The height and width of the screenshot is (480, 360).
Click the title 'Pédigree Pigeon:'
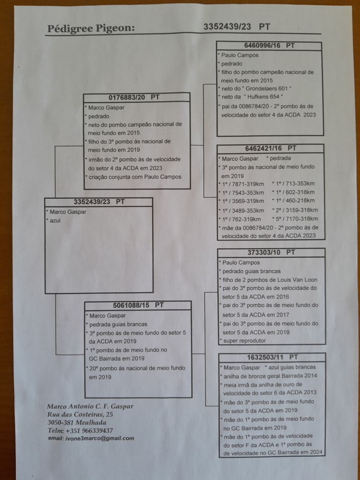click(91, 29)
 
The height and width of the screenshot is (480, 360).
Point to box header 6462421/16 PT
click(270, 148)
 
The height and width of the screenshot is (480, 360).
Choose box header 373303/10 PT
click(271, 252)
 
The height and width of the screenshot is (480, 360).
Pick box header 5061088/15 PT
click(138, 305)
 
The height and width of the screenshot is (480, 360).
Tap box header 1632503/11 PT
click(272, 357)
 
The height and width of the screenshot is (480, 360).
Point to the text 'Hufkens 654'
click(269, 97)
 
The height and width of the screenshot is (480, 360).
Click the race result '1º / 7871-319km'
click(243, 183)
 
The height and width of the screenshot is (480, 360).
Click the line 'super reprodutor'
click(243, 340)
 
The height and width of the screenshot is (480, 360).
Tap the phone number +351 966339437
click(87, 431)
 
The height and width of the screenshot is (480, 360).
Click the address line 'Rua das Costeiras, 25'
click(80, 414)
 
